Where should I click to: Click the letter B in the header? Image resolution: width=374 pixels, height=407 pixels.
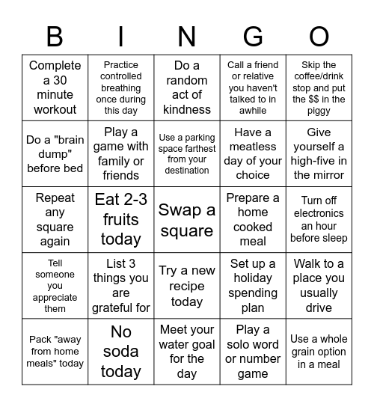coord(55,36)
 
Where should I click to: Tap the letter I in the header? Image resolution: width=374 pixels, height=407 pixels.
coord(121,36)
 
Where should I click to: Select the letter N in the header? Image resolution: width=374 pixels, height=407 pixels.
coord(187,36)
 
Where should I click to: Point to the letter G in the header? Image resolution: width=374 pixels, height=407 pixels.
coord(253,36)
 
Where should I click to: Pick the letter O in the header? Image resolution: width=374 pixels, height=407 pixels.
coord(319,36)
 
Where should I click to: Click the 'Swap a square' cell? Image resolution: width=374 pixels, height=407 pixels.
coord(187,220)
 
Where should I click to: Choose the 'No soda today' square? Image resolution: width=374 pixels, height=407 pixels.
coord(121,351)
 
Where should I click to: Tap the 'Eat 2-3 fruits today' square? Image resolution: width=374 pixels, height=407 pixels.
coord(121,220)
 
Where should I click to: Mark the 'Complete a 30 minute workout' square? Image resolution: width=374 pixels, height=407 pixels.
coord(55,88)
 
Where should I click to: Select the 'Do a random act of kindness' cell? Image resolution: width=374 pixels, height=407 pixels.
coord(187,88)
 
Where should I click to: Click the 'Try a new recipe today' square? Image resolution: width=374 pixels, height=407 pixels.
coord(187,286)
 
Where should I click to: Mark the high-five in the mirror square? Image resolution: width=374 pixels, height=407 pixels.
coord(319,154)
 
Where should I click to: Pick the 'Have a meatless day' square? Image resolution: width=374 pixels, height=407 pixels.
coord(253,154)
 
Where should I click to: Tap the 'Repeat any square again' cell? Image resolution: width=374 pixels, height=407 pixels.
coord(55,220)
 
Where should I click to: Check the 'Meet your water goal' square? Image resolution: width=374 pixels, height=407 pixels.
coord(187,351)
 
